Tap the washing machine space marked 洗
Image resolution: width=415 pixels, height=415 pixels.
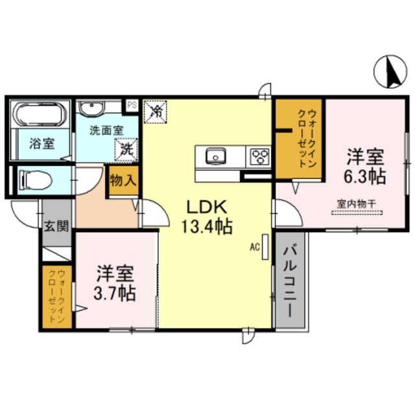coord(127,149)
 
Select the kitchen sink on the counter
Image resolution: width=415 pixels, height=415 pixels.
coord(215,156)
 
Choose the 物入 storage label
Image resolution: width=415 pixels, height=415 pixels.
coord(123,179)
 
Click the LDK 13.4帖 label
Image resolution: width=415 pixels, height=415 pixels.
coord(206,217)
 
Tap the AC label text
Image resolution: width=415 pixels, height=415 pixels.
coord(254,246)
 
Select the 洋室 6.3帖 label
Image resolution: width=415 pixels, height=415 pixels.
coord(365,166)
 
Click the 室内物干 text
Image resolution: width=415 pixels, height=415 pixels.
coord(357,202)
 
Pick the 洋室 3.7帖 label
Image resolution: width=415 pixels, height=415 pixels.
coord(116,282)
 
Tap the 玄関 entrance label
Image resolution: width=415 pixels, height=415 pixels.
coord(56,226)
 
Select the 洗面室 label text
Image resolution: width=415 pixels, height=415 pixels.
coord(106,129)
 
